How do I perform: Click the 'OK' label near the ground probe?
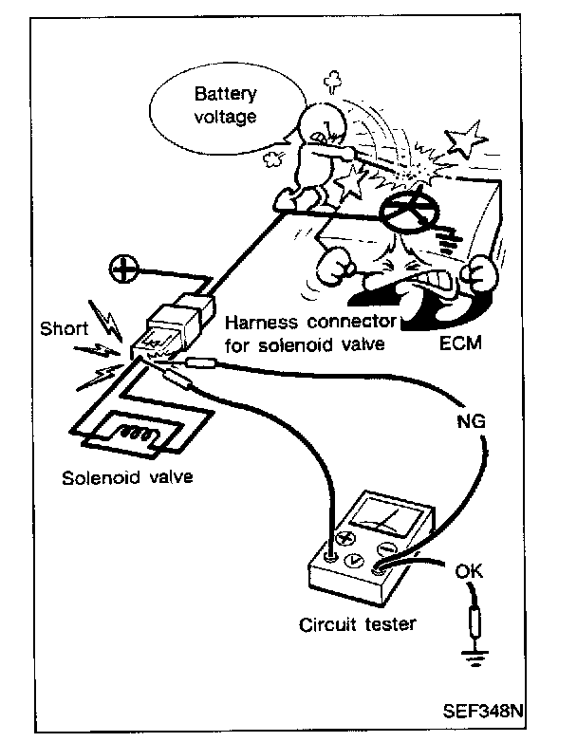(x=469, y=572)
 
